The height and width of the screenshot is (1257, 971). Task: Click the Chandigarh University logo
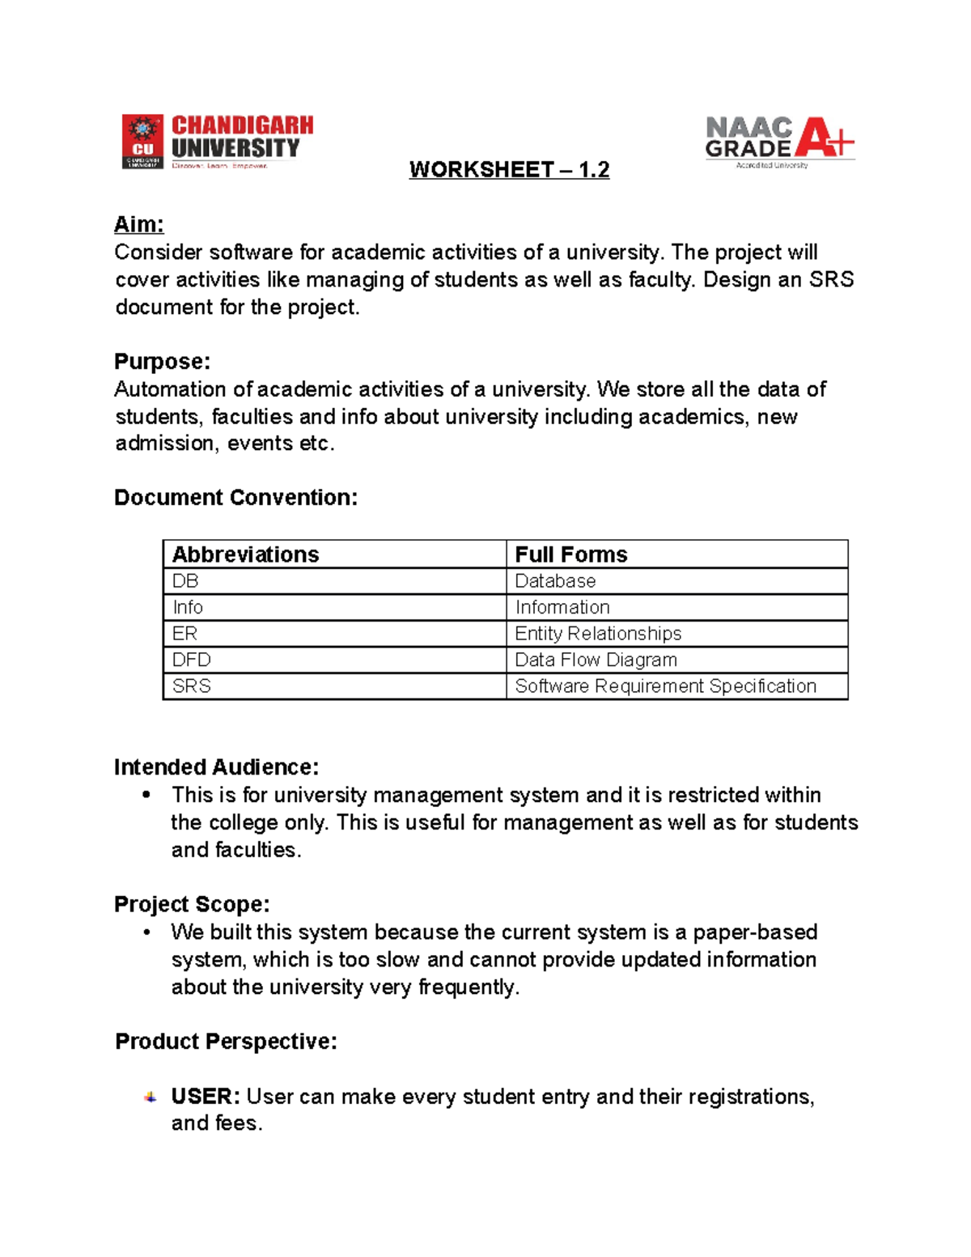[x=217, y=141]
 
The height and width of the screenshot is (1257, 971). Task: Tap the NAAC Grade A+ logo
[x=779, y=142]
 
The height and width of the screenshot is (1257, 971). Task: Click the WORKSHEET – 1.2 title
[x=509, y=170]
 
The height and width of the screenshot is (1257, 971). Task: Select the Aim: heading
[x=139, y=224]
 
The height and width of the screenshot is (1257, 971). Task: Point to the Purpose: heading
[x=162, y=361]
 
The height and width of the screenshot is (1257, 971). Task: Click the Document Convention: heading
[x=235, y=497]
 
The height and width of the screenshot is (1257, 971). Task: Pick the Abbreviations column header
[x=245, y=554]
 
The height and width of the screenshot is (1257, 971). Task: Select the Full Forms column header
[x=570, y=554]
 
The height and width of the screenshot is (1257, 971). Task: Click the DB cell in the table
[x=185, y=581]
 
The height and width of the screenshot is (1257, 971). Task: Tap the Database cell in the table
[x=555, y=581]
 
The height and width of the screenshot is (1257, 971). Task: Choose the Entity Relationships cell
[x=598, y=633]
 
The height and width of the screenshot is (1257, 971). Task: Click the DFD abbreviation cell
[x=191, y=660]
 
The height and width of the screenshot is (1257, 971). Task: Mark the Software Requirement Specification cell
[x=665, y=686]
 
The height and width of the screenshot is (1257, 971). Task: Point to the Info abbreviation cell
[x=188, y=607]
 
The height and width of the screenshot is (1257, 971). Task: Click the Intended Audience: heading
[x=216, y=767]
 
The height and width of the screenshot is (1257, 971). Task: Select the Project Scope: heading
[x=192, y=904]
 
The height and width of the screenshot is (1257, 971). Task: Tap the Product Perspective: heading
[x=226, y=1041]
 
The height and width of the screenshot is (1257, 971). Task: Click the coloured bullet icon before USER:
[x=150, y=1098]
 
